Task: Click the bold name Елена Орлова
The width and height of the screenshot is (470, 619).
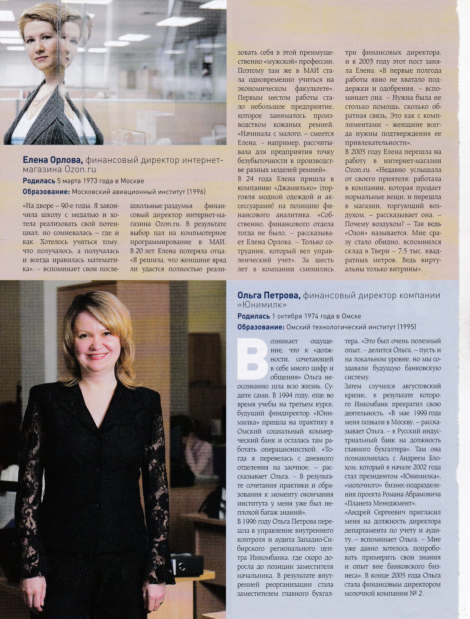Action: [x=53, y=160]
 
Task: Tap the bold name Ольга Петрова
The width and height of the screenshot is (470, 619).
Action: [x=269, y=296]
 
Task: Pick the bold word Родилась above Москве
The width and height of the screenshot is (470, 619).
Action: [x=39, y=181]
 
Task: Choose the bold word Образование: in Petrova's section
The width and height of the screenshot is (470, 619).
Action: [x=261, y=327]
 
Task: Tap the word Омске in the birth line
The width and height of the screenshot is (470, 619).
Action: [x=351, y=316]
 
